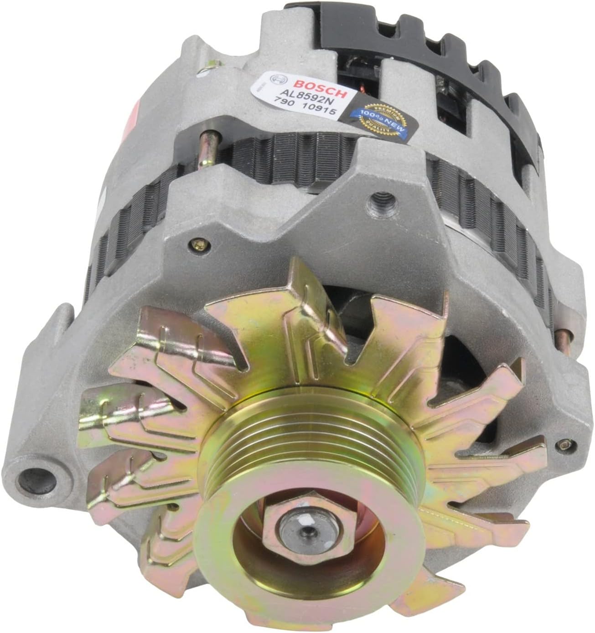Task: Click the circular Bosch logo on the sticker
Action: point(274,79)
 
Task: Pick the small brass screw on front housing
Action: point(197,245)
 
